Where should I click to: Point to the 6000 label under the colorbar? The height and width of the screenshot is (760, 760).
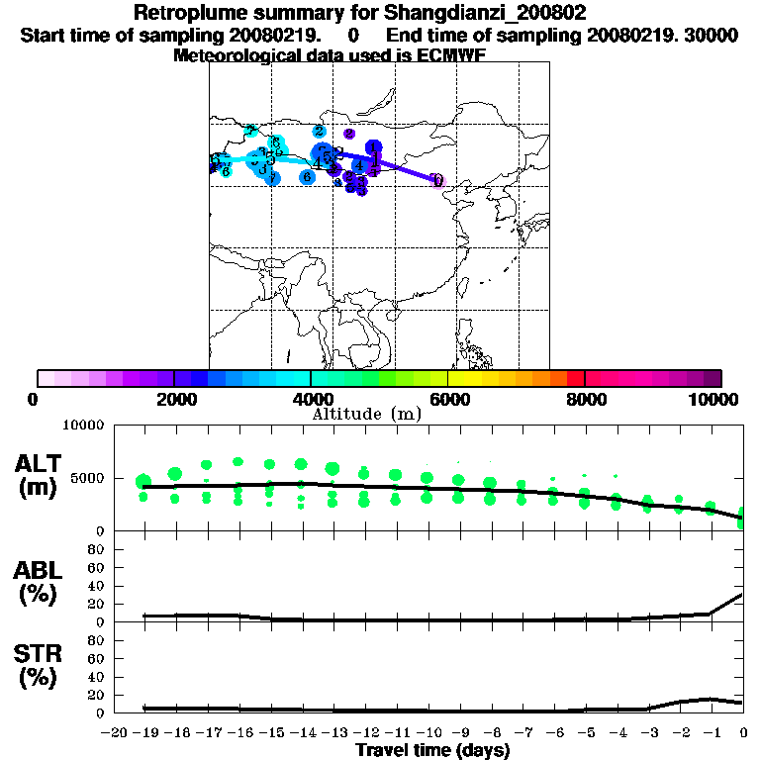pos(447,399)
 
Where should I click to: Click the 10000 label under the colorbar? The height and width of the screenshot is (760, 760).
pos(713,399)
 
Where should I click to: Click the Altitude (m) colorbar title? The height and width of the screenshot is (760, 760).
pos(366,414)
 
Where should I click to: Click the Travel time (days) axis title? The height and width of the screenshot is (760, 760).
pos(432,751)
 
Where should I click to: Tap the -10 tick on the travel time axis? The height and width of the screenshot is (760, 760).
pos(428,733)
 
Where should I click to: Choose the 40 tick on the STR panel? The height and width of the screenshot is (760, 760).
pos(98,676)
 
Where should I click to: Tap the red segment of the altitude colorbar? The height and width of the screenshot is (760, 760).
pos(575,378)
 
